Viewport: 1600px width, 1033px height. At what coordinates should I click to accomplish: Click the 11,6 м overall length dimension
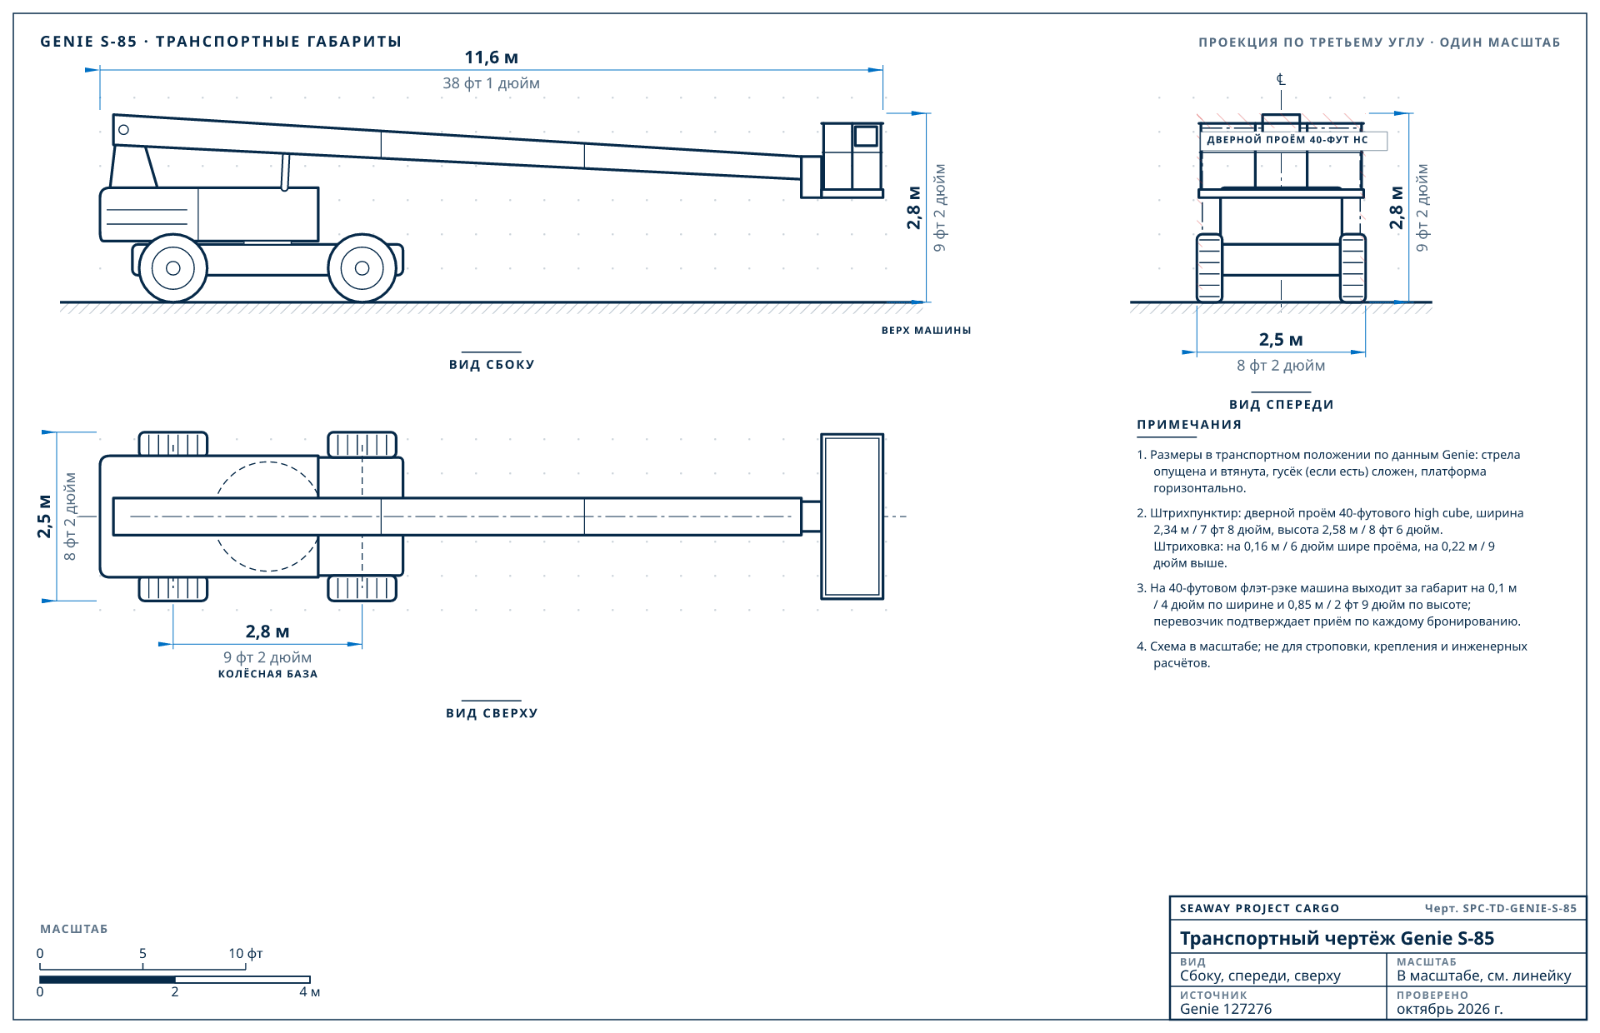(491, 57)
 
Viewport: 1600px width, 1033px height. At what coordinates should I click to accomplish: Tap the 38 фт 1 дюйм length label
(491, 83)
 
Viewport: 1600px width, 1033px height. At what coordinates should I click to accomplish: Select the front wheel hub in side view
(362, 268)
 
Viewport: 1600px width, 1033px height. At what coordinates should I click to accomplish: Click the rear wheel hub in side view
(173, 268)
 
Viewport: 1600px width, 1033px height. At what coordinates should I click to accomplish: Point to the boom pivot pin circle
(123, 130)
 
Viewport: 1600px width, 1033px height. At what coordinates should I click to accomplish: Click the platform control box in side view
(866, 136)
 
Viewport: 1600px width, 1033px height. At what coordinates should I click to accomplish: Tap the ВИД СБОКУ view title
(492, 365)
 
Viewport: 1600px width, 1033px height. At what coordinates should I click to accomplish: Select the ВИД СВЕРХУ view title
(492, 713)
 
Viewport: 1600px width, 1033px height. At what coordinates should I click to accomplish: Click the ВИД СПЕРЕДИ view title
(1282, 405)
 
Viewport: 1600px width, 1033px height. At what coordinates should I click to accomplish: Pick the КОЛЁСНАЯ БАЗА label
(267, 674)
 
